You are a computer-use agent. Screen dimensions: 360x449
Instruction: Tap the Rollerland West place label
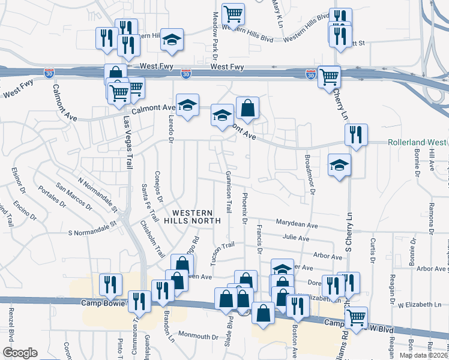click(x=417, y=142)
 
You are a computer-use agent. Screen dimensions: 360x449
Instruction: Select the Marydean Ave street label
click(x=297, y=224)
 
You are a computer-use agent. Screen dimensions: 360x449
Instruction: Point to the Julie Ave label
click(x=296, y=238)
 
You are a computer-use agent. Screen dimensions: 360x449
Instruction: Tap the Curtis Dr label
click(x=373, y=250)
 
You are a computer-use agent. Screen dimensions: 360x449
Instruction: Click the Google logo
click(x=20, y=353)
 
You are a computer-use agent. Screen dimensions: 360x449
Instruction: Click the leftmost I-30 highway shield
click(x=49, y=73)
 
